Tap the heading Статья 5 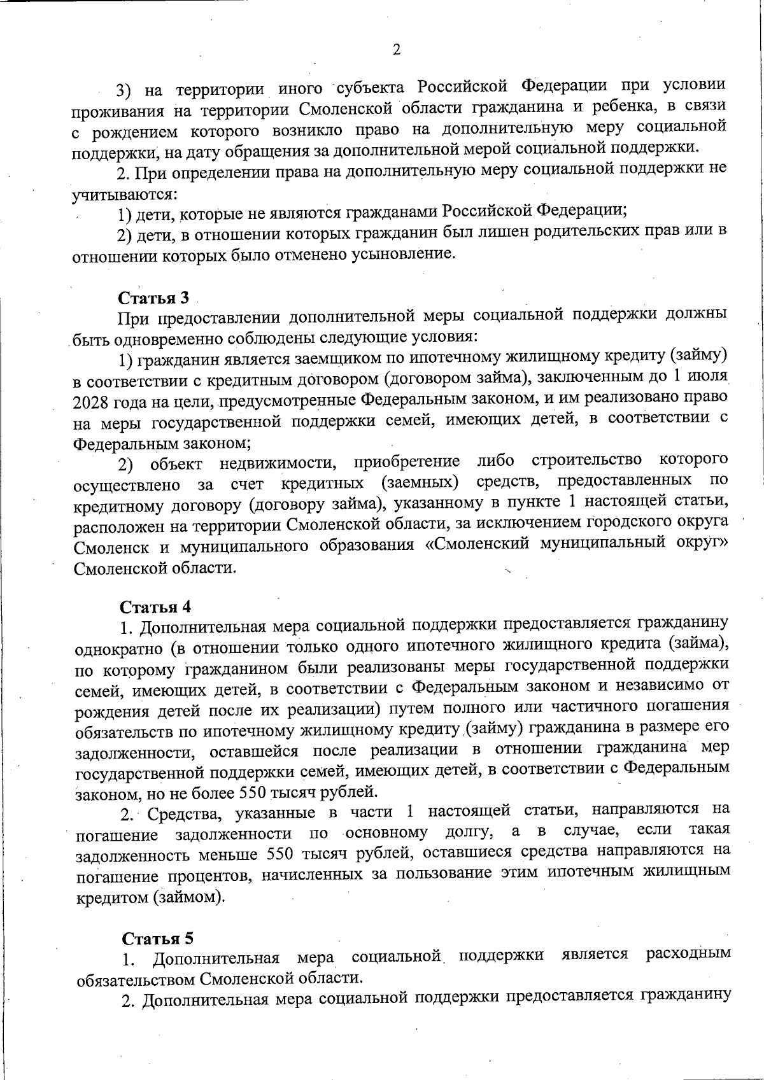pos(157,938)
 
